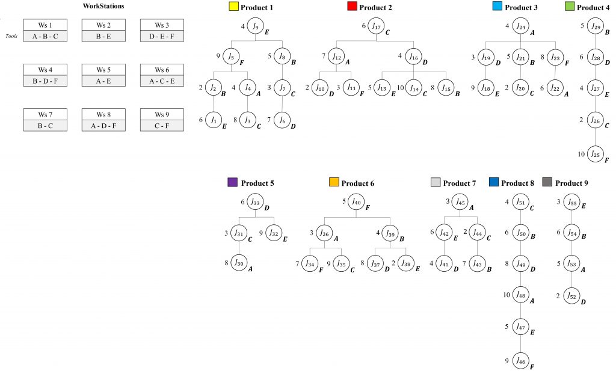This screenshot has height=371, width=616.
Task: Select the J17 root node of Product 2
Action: click(x=377, y=26)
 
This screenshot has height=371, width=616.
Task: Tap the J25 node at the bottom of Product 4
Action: click(x=596, y=155)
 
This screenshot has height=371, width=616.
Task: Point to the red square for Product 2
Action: click(x=352, y=7)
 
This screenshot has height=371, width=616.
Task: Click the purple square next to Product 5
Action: click(x=233, y=183)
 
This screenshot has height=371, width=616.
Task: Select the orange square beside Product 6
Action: click(x=334, y=183)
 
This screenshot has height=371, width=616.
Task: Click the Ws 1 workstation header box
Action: click(x=45, y=25)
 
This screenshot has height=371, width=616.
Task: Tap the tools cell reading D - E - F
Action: click(x=162, y=35)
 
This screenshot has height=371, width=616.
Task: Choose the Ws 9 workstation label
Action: click(x=162, y=114)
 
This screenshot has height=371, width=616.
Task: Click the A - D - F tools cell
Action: click(x=103, y=124)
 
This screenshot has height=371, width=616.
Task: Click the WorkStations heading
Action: click(x=103, y=7)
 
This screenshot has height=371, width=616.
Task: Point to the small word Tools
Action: click(x=10, y=35)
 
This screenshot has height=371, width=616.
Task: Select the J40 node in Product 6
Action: click(x=356, y=202)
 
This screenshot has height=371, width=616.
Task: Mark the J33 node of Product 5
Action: click(x=256, y=202)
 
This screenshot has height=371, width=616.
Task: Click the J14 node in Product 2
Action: click(x=413, y=88)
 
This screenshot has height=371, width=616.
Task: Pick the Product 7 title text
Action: click(x=459, y=183)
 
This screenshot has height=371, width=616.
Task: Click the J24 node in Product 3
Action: click(x=520, y=26)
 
